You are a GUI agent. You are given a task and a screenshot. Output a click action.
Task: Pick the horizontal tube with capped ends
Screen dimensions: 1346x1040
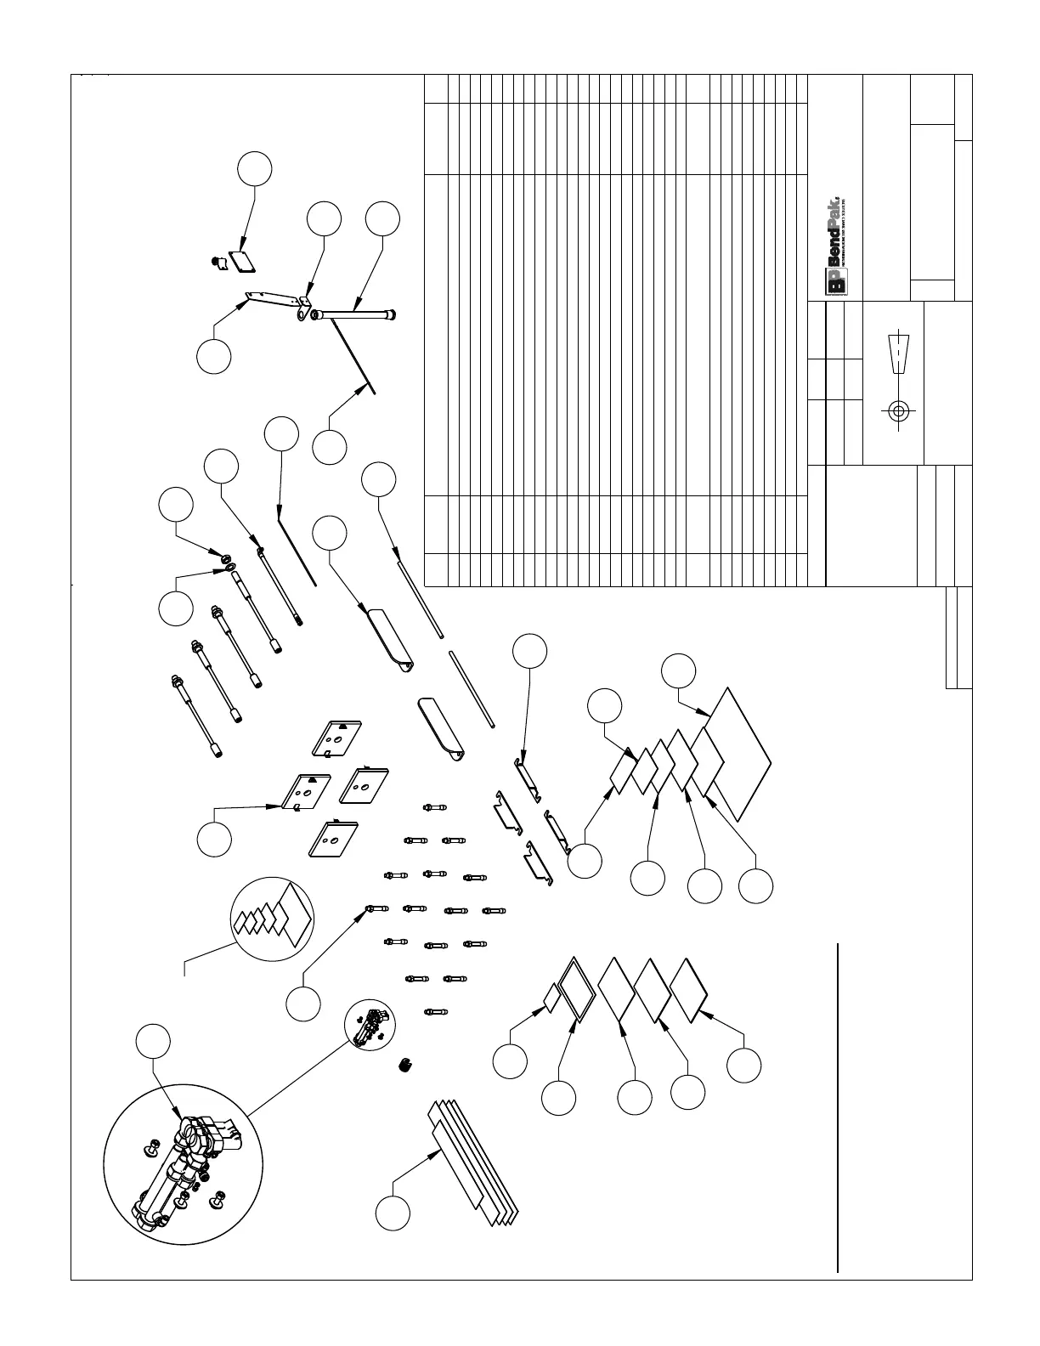coord(355,314)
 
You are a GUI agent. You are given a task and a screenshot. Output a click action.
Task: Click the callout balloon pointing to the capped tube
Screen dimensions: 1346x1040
coord(382,218)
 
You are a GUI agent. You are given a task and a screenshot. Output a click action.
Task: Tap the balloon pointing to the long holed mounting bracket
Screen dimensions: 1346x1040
coord(213,355)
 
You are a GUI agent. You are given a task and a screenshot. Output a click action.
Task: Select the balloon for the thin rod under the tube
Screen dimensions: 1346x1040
coord(330,447)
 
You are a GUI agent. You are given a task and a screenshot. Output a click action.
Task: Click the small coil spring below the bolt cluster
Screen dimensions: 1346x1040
coord(404,1065)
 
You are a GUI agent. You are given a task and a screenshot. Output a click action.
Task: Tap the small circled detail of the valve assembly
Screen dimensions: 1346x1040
coord(370,1022)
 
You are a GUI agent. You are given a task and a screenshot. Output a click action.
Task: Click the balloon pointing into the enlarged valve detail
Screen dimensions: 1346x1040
coord(153,1043)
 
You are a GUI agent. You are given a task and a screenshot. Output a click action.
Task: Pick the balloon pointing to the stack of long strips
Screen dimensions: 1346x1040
coord(393,1212)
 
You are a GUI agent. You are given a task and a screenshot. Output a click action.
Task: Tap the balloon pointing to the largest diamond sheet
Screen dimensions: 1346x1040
coord(679,670)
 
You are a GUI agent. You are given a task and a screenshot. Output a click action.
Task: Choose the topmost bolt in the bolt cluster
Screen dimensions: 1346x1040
coord(432,806)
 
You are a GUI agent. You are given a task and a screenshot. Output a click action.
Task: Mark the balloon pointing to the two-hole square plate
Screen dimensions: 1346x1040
coord(214,840)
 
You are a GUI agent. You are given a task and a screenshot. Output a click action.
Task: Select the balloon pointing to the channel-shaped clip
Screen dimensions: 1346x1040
coord(530,651)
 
